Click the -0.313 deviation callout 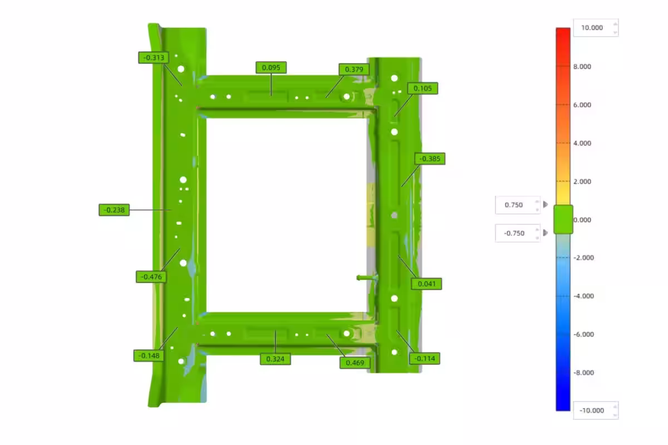point(154,57)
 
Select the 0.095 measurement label point(271,68)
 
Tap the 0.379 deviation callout point(354,70)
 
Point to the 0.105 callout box point(423,88)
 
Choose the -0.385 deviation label point(430,159)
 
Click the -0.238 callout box point(114,210)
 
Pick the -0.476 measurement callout point(151,277)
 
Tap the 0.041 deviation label point(426,284)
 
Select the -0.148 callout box point(149,355)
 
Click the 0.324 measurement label point(275,359)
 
